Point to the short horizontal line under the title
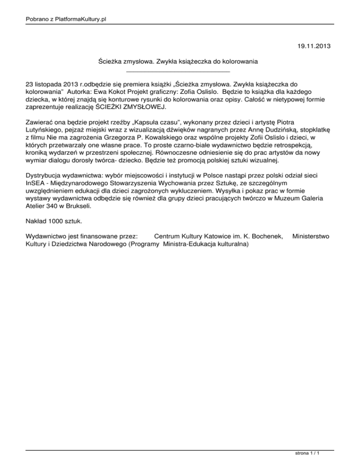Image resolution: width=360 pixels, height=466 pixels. [x=179, y=71]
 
